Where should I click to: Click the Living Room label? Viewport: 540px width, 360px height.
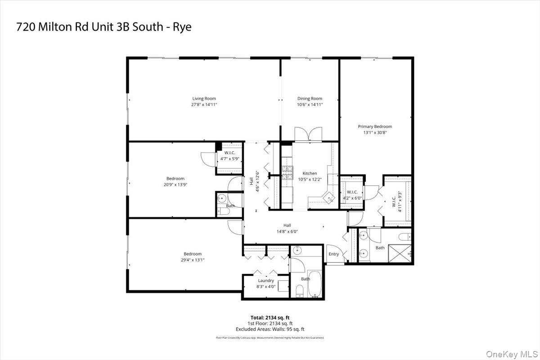tap(204, 99)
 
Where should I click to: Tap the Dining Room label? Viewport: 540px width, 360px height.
tap(310, 99)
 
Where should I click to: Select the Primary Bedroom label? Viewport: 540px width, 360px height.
tap(375, 126)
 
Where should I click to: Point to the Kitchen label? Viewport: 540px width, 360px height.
tap(310, 173)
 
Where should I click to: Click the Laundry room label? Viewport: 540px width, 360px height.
tap(265, 280)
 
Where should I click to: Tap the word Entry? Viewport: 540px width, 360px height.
tap(333, 254)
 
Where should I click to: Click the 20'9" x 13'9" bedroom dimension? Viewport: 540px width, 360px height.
tap(175, 184)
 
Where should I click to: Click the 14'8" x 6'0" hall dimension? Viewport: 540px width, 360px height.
tap(287, 231)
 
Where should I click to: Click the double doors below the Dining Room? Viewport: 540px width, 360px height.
tap(308, 135)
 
